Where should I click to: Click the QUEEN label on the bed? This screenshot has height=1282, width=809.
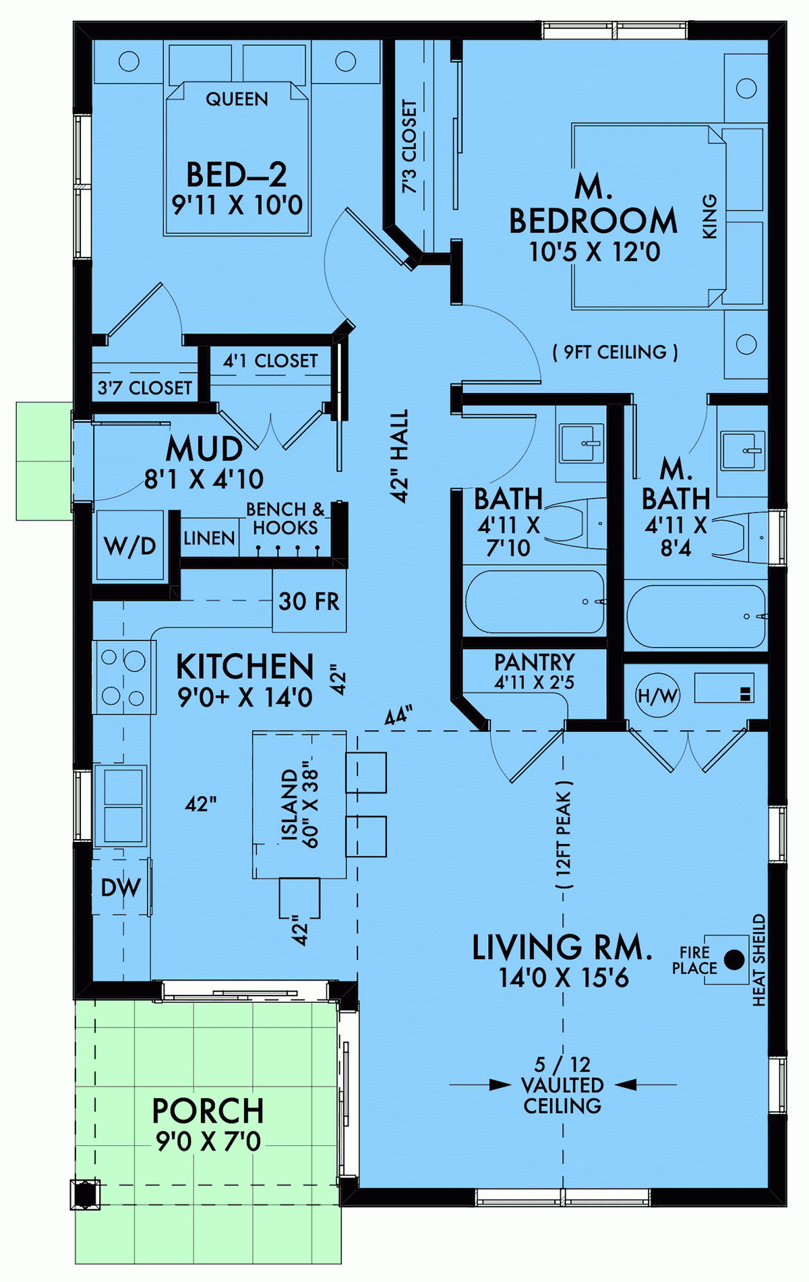(x=237, y=99)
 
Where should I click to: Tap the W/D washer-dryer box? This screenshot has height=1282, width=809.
(x=129, y=545)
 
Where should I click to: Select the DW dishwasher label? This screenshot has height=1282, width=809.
(x=121, y=888)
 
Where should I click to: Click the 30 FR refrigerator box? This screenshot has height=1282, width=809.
(x=309, y=601)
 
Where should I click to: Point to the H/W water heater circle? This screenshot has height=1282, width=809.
(x=657, y=696)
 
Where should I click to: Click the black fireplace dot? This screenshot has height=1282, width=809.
(x=733, y=960)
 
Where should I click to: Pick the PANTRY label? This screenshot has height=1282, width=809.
(x=535, y=662)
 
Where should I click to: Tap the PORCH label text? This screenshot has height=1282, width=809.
(x=208, y=1111)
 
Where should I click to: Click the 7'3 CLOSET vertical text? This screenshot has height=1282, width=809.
(x=409, y=147)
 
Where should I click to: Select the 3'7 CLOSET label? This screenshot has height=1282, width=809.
(x=144, y=388)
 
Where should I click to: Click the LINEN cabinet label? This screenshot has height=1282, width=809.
(x=209, y=538)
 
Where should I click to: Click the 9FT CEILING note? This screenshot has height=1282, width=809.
(x=615, y=352)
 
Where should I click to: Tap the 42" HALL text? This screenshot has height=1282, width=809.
(x=400, y=456)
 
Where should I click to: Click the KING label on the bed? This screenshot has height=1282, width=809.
(x=710, y=216)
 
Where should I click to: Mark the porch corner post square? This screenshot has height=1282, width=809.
(x=85, y=1195)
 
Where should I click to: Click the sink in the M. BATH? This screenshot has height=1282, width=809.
(x=742, y=450)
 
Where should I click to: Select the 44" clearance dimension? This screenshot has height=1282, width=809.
(x=398, y=716)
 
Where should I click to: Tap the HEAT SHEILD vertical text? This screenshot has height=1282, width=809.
(x=759, y=960)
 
